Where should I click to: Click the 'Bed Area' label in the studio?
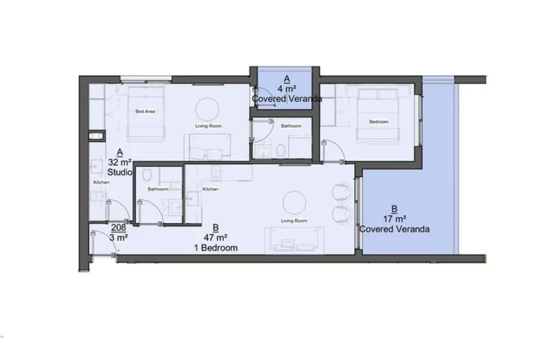tap(146, 111)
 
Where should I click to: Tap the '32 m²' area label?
tap(119, 163)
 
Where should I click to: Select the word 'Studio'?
tap(119, 173)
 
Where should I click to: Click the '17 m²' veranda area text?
tap(395, 219)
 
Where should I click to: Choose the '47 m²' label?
tap(215, 237)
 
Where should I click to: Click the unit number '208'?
tap(119, 227)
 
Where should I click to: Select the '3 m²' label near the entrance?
tap(119, 237)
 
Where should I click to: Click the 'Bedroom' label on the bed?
tap(378, 122)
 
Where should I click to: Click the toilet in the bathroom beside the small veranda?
tap(281, 149)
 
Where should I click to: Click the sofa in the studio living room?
tap(208, 147)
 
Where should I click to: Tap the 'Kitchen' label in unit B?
tap(210, 189)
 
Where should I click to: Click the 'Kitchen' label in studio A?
tap(100, 184)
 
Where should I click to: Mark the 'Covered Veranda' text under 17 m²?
tap(395, 229)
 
